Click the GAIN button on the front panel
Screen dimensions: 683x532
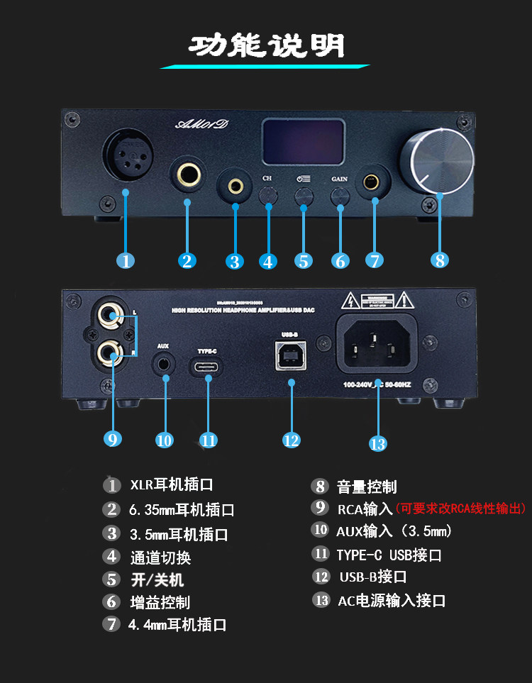tap(340, 194)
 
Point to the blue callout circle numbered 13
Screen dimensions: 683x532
tap(378, 443)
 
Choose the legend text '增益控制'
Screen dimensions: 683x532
tap(160, 603)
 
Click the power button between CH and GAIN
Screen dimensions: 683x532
tap(304, 194)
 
